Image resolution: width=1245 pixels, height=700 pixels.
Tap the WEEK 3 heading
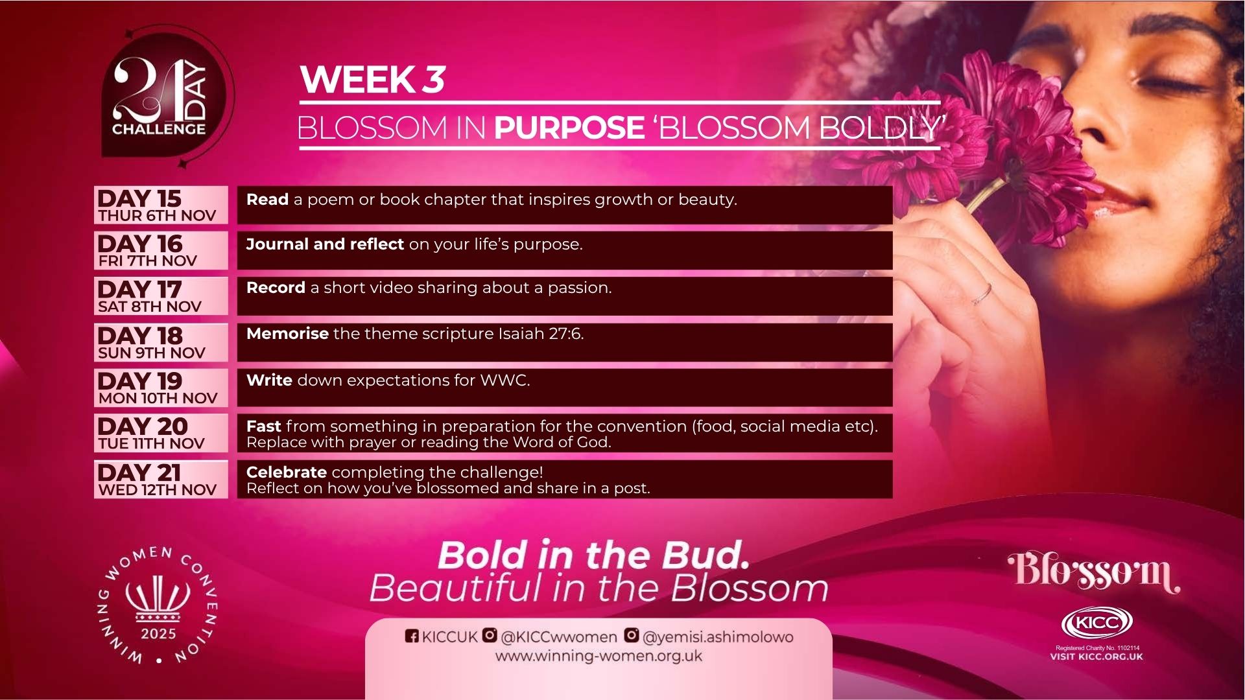(372, 80)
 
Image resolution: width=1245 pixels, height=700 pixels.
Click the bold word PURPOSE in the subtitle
(569, 128)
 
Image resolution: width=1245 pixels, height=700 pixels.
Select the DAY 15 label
(139, 198)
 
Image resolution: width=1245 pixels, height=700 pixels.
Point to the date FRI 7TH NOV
(147, 261)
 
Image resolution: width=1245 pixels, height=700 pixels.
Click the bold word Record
(276, 288)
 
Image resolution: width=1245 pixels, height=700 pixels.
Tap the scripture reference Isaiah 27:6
(540, 334)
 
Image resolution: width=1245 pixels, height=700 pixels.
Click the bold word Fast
(263, 426)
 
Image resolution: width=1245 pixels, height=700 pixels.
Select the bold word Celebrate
(286, 472)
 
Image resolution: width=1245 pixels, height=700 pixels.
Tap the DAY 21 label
(139, 472)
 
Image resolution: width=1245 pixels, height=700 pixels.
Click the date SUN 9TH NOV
(151, 353)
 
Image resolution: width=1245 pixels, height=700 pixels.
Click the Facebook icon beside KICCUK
(412, 636)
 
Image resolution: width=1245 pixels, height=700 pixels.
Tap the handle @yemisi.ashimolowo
(718, 637)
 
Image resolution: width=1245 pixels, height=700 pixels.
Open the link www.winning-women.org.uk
(599, 656)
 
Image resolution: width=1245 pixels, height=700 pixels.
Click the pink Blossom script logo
(1093, 572)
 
